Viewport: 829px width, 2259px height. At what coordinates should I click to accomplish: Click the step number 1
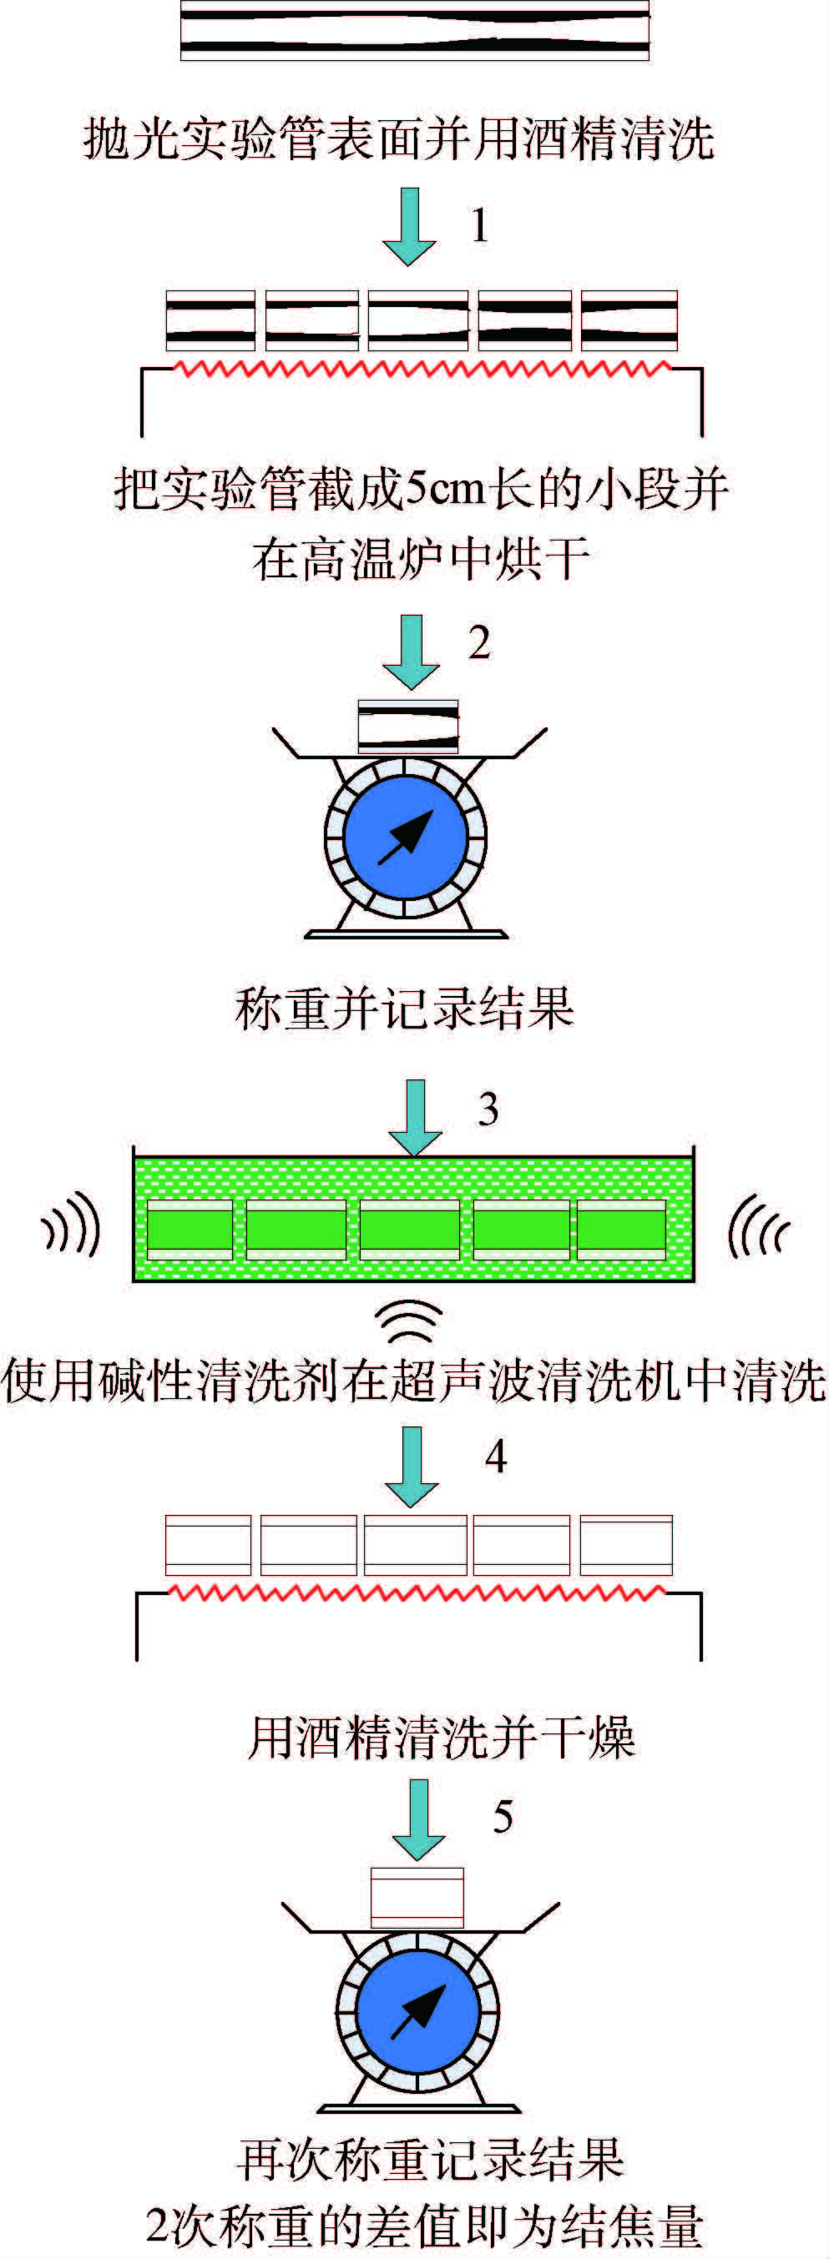pyautogui.click(x=479, y=225)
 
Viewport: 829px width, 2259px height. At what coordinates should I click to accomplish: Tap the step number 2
pyautogui.click(x=479, y=643)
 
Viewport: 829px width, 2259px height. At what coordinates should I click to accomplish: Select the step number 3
pyautogui.click(x=488, y=1109)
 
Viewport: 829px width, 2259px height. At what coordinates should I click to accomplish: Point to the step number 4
pyautogui.click(x=496, y=1457)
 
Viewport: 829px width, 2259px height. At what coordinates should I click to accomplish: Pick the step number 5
pyautogui.click(x=503, y=1816)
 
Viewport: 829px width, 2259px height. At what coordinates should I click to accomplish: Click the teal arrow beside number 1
pyautogui.click(x=409, y=226)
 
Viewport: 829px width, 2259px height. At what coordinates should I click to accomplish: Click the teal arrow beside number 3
pyautogui.click(x=414, y=1117)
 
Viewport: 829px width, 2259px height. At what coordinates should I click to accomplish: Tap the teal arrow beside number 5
pyautogui.click(x=418, y=1819)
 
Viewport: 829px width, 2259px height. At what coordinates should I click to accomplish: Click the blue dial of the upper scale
pyautogui.click(x=405, y=837)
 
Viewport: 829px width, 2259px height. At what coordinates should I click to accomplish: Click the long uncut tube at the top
pyautogui.click(x=415, y=30)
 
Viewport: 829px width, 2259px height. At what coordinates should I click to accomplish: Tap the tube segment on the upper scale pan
pyautogui.click(x=408, y=726)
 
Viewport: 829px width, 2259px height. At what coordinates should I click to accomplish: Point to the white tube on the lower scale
pyautogui.click(x=417, y=1898)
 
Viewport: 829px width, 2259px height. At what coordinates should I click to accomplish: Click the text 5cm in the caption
pyautogui.click(x=447, y=490)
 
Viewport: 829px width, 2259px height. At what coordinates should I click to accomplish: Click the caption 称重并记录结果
pyautogui.click(x=404, y=1009)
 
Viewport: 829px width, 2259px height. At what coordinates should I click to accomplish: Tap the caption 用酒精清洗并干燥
pyautogui.click(x=442, y=1738)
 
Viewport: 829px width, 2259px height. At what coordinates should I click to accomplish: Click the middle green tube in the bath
pyautogui.click(x=410, y=1230)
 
